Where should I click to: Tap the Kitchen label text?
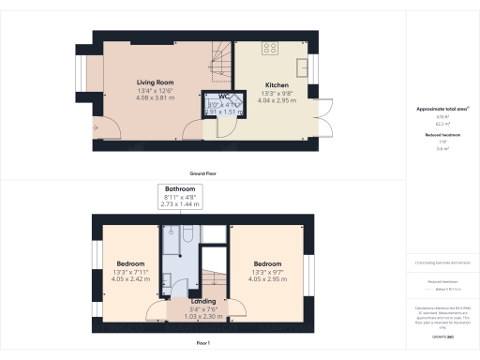tap(276, 84)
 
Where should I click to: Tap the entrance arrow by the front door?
tap(96, 127)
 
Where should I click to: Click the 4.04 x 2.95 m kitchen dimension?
tap(276, 100)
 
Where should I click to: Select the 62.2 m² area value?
tap(440, 124)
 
